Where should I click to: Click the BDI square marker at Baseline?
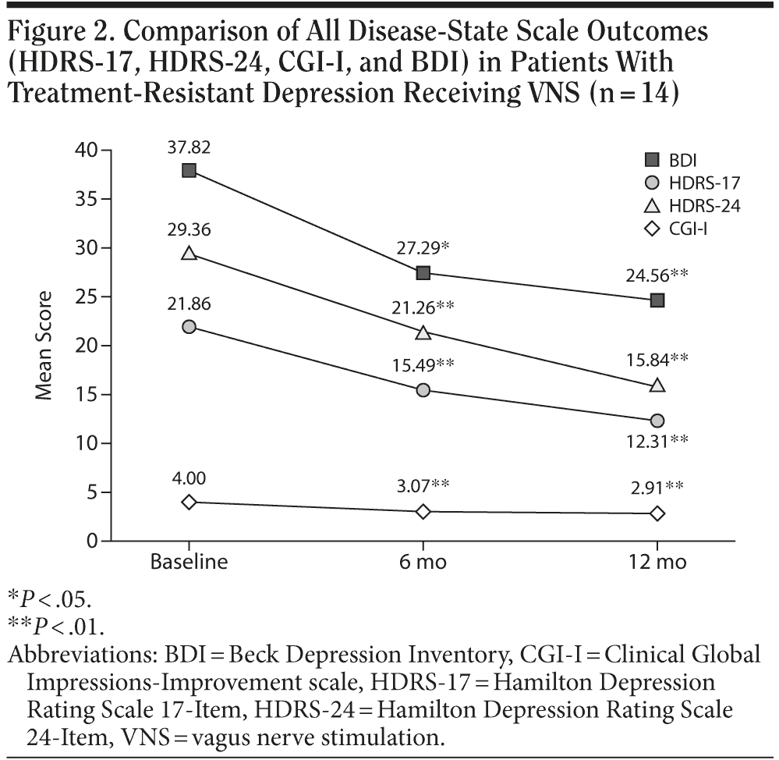point(189,170)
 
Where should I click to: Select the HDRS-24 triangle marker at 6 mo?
point(423,332)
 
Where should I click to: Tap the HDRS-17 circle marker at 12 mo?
point(657,421)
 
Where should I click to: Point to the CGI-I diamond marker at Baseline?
point(189,502)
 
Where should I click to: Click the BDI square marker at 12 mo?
point(657,300)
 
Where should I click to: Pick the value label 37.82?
point(189,148)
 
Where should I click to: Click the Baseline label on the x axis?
point(189,563)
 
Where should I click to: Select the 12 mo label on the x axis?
point(657,563)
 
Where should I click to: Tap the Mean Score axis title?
point(44,346)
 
